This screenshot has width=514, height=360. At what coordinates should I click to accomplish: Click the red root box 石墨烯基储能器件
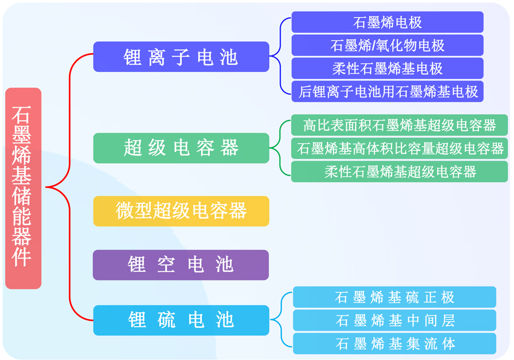(x=23, y=188)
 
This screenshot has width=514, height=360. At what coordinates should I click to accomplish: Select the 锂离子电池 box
(x=181, y=57)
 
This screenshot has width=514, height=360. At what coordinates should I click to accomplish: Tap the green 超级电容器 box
(x=181, y=148)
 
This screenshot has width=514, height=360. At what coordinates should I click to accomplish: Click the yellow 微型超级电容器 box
(x=181, y=211)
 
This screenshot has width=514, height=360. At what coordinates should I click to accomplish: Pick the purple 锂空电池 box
(x=181, y=265)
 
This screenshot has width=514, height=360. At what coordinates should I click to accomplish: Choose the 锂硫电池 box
(x=181, y=320)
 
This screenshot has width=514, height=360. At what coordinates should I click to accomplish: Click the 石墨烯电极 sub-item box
(x=387, y=22)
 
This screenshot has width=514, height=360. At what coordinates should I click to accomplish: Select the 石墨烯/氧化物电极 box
(x=387, y=45)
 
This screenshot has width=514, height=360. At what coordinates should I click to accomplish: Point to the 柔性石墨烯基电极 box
(x=387, y=69)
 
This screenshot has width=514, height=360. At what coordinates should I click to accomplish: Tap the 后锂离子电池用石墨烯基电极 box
(x=387, y=91)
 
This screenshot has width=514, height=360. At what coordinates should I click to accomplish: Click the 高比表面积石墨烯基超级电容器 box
(x=399, y=125)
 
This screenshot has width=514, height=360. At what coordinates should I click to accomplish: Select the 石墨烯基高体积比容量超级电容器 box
(x=399, y=148)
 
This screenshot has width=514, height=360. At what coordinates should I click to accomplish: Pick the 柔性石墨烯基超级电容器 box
(x=399, y=171)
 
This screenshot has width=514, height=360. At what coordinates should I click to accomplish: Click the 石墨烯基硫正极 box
(x=394, y=297)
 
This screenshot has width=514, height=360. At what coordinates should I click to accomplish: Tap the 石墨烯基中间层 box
(x=394, y=320)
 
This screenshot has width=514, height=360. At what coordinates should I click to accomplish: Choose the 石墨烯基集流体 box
(x=394, y=344)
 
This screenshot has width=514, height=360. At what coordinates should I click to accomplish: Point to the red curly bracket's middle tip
(x=46, y=187)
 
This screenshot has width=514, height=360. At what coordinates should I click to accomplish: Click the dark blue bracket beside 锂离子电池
(x=281, y=56)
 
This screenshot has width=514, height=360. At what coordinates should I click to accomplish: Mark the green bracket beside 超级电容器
(x=280, y=148)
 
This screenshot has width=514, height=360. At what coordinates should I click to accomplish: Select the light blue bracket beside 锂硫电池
(x=281, y=319)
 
